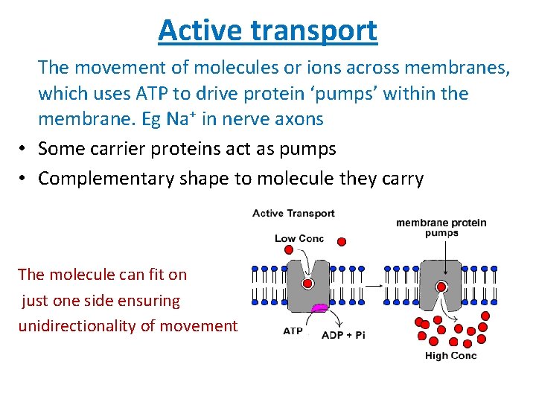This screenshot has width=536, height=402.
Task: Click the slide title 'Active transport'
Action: point(267,31)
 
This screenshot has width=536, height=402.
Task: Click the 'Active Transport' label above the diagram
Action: point(293,214)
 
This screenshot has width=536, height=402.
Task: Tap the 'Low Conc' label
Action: point(299,239)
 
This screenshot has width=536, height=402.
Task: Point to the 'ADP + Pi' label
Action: point(343,335)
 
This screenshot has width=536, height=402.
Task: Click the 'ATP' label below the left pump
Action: point(293,331)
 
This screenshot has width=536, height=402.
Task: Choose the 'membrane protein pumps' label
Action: point(441,227)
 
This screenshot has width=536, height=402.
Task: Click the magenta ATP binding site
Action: point(319,307)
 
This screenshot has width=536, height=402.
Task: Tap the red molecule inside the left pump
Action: point(307,284)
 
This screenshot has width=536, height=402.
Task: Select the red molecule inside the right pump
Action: point(441,287)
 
